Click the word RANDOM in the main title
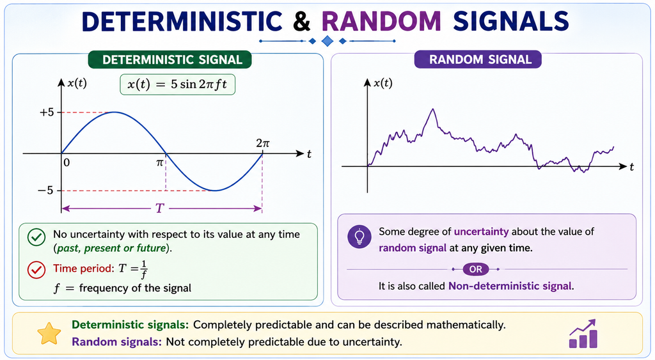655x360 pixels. tap(381, 21)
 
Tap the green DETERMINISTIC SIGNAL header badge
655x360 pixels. tap(170, 59)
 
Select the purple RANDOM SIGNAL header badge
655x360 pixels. tap(478, 59)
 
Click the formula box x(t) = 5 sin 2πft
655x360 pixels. tap(178, 84)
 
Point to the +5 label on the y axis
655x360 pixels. tap(46, 112)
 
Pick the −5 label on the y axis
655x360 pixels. tap(45, 191)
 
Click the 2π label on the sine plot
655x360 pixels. tap(263, 143)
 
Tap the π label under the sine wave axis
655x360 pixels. tap(159, 163)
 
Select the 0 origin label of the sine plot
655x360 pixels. tap(67, 162)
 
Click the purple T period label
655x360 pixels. tap(159, 208)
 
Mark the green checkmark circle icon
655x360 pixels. tap(36, 237)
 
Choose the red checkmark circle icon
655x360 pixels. tap(36, 270)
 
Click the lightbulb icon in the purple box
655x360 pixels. tap(359, 237)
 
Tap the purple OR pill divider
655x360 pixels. tap(475, 269)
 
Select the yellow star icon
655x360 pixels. tap(49, 333)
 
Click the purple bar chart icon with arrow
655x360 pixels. tap(583, 334)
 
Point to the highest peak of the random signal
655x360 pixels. tap(433, 109)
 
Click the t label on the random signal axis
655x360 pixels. tap(631, 167)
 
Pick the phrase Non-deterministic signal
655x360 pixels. tap(510, 286)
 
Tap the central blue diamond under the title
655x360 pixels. tap(327, 41)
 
